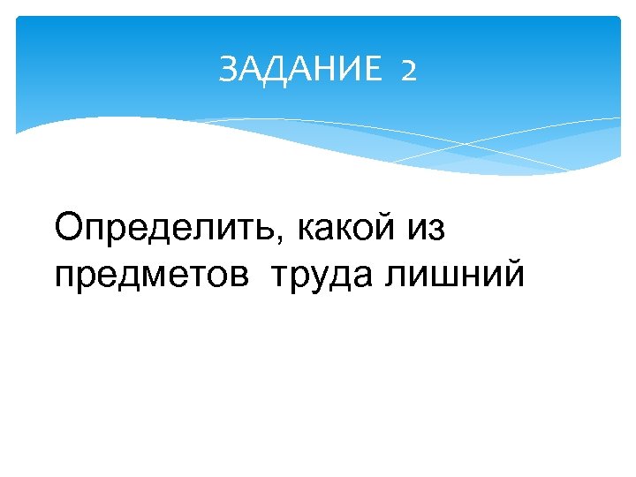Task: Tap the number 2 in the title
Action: click(407, 70)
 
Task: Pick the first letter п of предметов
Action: click(64, 276)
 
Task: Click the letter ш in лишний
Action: click(441, 276)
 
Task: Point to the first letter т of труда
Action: click(280, 276)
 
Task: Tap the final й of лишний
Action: click(513, 275)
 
